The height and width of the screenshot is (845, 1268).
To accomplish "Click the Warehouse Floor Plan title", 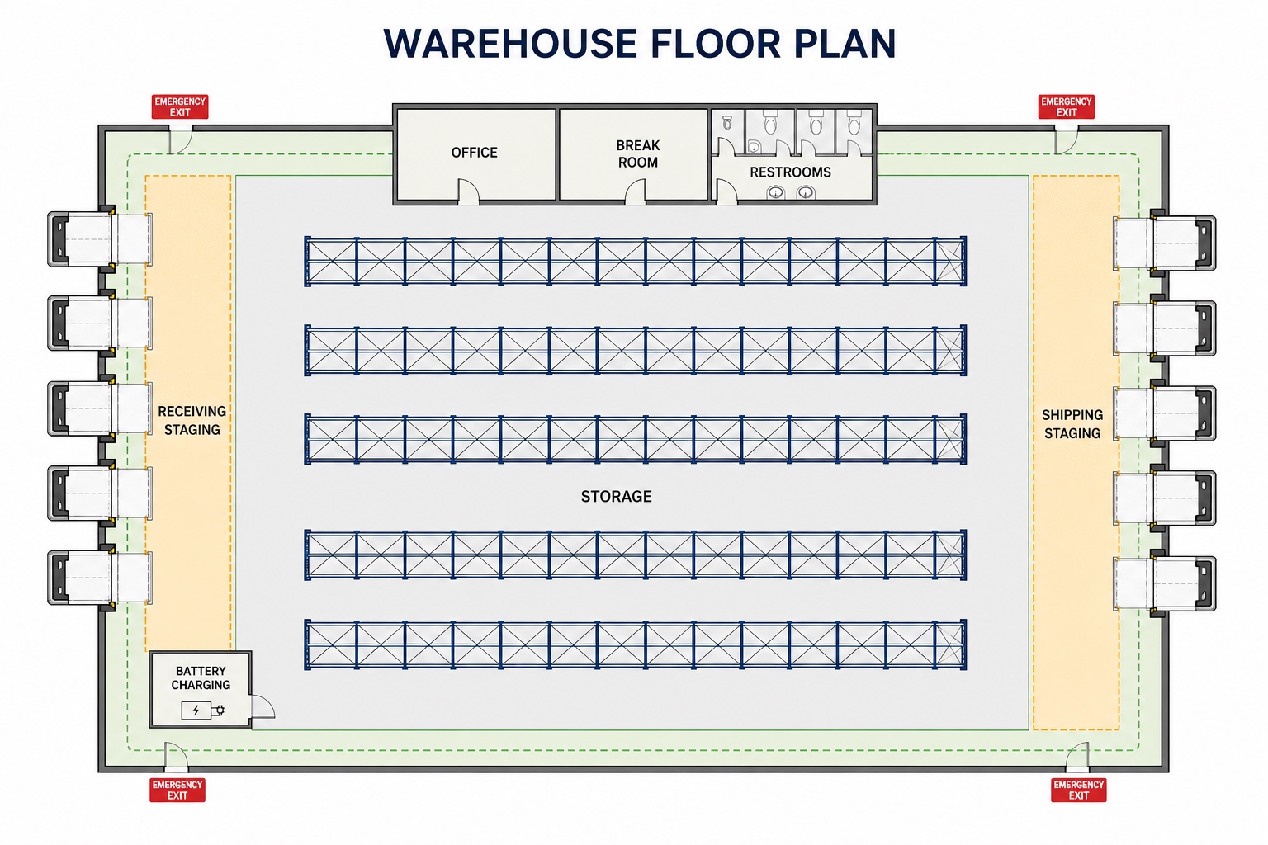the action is tap(640, 43).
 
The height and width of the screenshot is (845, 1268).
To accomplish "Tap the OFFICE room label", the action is tap(475, 152).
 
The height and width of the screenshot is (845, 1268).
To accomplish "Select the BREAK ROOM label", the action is tap(638, 154).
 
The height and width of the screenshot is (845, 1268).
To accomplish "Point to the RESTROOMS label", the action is tap(790, 172).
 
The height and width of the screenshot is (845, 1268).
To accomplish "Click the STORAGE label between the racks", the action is tap(617, 497).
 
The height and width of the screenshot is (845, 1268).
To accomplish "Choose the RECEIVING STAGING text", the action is tap(192, 421).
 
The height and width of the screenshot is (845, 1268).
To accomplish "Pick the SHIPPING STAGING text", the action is tap(1072, 424).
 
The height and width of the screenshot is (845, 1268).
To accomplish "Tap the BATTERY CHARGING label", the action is tap(201, 678).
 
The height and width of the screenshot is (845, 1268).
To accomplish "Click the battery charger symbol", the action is tap(202, 710).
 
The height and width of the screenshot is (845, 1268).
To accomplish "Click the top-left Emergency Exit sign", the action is tap(180, 107).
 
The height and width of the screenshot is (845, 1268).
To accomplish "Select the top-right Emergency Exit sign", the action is tap(1067, 107).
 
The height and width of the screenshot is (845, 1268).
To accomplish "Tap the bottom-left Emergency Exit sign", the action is tap(177, 790).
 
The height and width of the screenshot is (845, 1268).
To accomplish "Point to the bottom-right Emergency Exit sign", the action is tap(1079, 790).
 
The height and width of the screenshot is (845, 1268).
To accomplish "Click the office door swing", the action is tap(469, 191).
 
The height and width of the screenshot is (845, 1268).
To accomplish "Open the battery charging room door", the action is tap(263, 707).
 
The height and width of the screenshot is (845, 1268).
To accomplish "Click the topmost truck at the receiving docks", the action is tap(100, 238).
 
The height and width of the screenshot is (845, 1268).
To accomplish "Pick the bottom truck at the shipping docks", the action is tap(1165, 583).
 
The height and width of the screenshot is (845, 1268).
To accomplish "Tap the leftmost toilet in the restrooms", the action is tap(727, 122).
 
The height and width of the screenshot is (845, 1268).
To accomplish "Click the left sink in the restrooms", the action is tap(775, 193).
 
